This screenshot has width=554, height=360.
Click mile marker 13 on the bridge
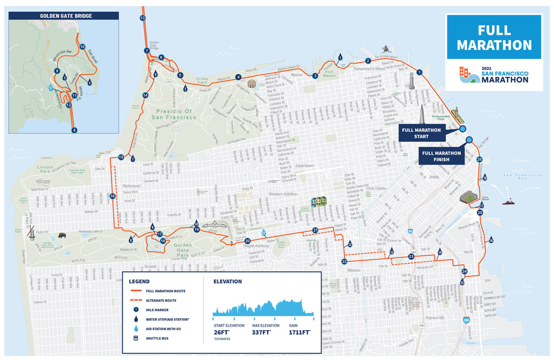pos(142,18)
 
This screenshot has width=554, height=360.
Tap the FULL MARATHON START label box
pos(421,133)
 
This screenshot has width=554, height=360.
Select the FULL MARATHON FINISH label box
pos(441,156)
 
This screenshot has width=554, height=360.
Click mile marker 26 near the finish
pos(479,159)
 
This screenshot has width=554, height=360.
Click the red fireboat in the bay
pos(508,201)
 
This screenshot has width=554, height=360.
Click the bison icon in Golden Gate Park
pos(62,236)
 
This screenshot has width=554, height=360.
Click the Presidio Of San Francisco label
pos(174,114)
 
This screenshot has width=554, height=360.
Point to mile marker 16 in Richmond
pos(113,196)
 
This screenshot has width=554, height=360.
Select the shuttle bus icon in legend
pos(136,338)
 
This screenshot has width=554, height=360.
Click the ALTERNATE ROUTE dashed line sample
pos(136,300)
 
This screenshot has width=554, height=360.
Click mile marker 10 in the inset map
pos(82,47)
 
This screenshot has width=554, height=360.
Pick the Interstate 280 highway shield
pos(466,320)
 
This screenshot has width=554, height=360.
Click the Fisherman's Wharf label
pos(369,69)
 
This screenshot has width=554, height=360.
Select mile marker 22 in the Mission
pos(344,262)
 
